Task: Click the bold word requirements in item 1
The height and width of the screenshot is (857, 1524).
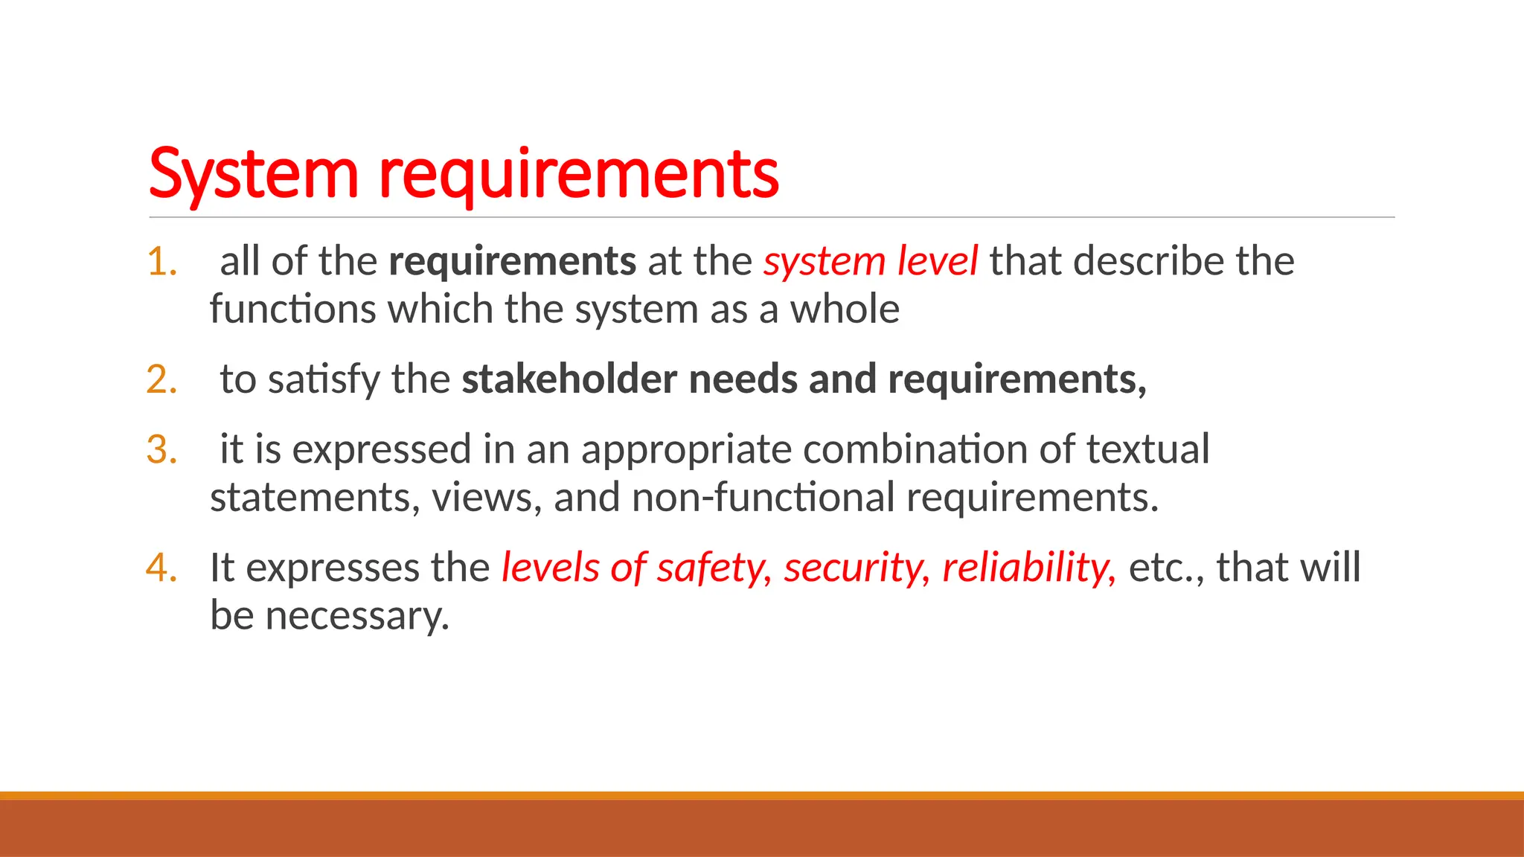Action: click(x=512, y=262)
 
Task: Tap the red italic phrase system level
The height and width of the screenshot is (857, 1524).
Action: click(x=870, y=262)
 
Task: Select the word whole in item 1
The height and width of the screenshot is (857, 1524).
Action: click(x=845, y=309)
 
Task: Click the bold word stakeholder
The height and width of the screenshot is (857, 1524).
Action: click(x=569, y=379)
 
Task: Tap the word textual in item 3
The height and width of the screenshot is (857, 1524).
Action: click(x=1147, y=449)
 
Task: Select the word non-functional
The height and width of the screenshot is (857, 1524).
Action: click(x=763, y=497)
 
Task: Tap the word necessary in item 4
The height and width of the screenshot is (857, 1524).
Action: click(x=357, y=616)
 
